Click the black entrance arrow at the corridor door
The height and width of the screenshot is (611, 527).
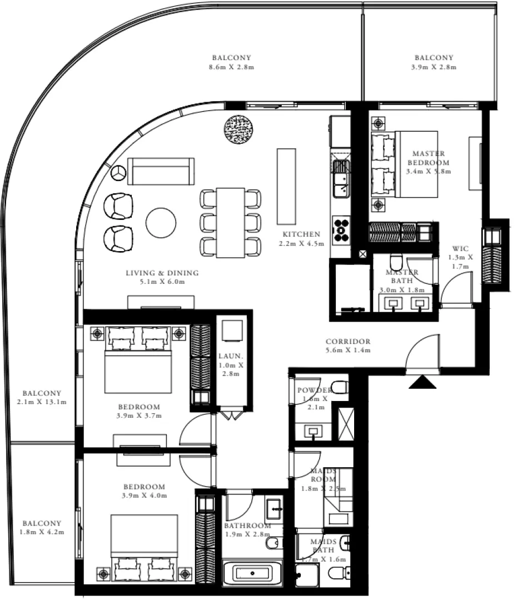[422, 382]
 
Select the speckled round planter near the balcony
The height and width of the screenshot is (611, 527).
[238, 130]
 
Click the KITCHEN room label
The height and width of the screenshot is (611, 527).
[301, 234]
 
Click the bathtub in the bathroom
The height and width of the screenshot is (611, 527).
[252, 573]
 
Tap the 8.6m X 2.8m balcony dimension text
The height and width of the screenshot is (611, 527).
[231, 67]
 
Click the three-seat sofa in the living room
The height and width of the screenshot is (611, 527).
[161, 171]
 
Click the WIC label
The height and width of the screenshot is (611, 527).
[461, 248]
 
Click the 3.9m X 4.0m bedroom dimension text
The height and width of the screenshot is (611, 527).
[145, 495]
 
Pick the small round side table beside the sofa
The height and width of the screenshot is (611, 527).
[118, 173]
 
